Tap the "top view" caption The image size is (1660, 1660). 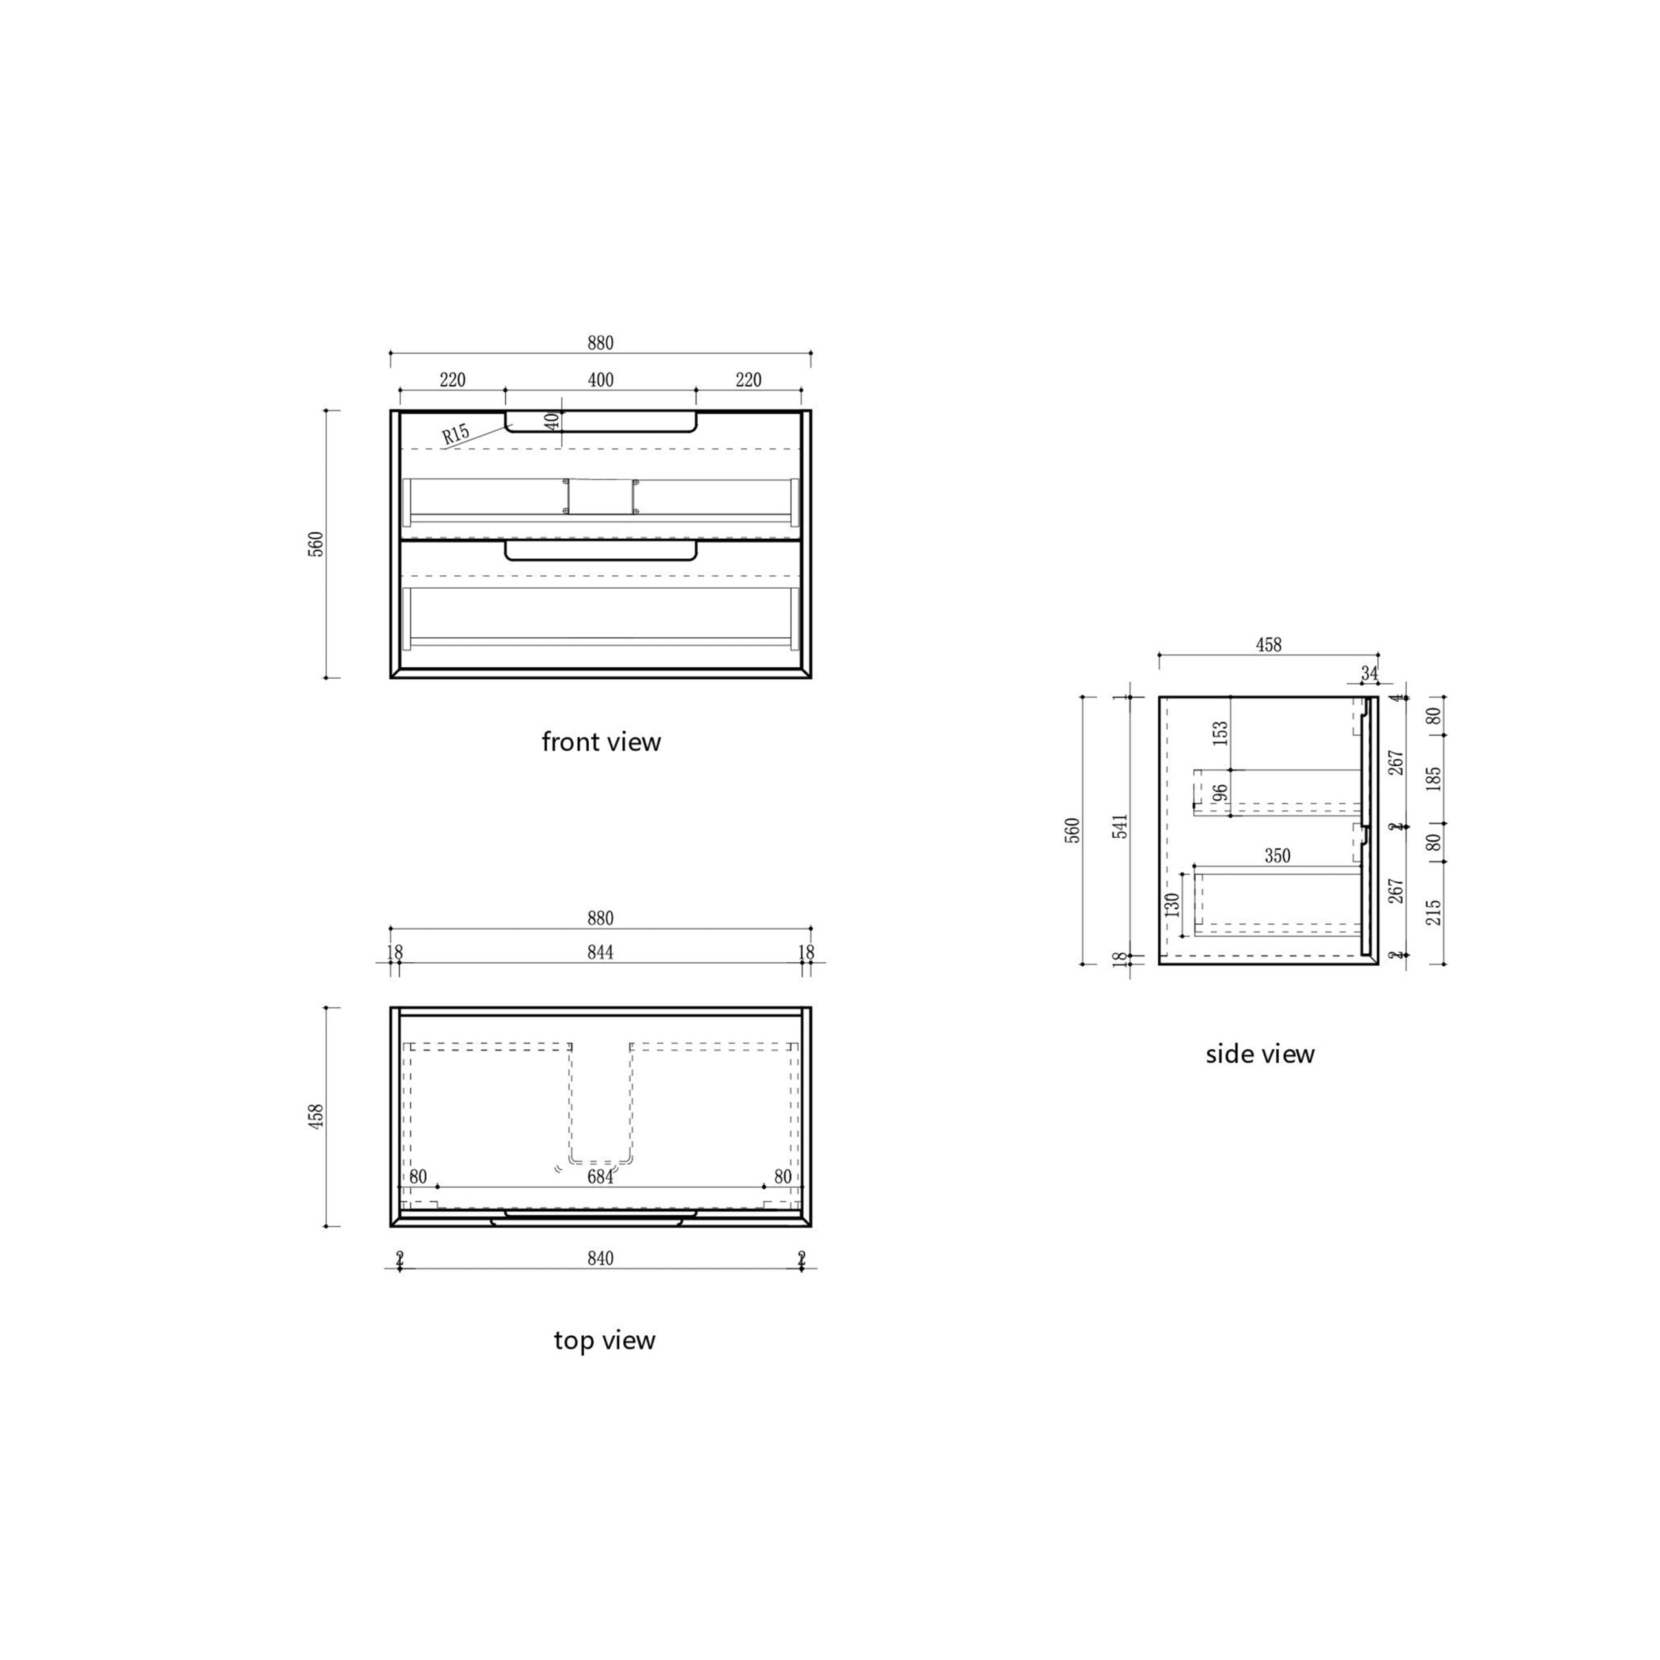(x=604, y=1340)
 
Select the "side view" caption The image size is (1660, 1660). (x=1260, y=1054)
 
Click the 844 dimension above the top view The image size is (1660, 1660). (x=600, y=952)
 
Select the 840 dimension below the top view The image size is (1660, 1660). (x=600, y=1259)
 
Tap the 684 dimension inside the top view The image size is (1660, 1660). (x=600, y=1177)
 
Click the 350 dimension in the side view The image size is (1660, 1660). (x=1277, y=856)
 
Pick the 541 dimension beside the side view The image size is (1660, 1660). (x=1120, y=827)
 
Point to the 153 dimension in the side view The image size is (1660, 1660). (x=1220, y=733)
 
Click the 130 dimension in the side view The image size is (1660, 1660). (x=1172, y=905)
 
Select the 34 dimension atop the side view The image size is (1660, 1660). (x=1369, y=673)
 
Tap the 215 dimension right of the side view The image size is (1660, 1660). (x=1433, y=912)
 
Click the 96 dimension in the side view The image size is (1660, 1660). (x=1220, y=793)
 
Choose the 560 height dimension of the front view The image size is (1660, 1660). (x=316, y=544)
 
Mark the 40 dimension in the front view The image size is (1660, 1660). (x=552, y=421)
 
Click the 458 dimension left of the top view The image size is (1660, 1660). (x=316, y=1117)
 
